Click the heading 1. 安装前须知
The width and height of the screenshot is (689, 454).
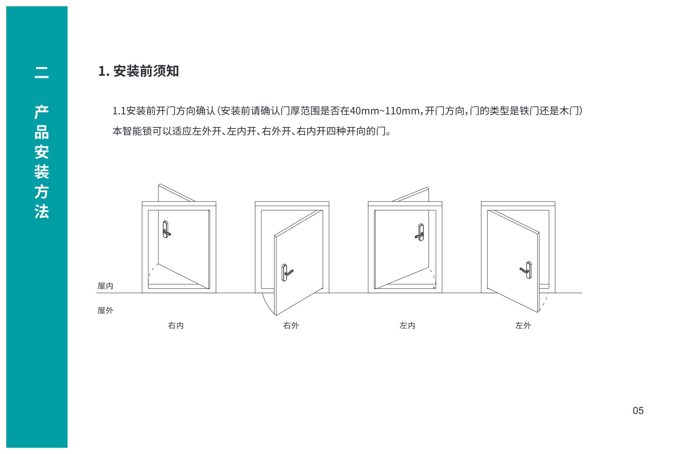click(x=139, y=71)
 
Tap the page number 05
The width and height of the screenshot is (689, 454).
click(x=638, y=411)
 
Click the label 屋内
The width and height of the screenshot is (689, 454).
click(x=105, y=286)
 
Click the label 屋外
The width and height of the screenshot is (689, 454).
click(x=105, y=310)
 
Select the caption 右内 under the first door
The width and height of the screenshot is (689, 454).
click(x=176, y=325)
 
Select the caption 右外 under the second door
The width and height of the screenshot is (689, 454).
click(x=291, y=325)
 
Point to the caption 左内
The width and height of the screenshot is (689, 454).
click(x=408, y=325)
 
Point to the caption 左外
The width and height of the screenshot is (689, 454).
click(x=523, y=325)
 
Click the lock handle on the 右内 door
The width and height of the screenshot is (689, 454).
click(x=166, y=229)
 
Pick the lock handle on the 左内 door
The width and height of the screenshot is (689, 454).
click(x=419, y=232)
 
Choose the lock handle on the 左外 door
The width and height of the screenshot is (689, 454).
click(x=527, y=270)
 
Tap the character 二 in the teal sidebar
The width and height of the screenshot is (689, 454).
click(x=42, y=72)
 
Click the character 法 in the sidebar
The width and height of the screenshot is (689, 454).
click(x=42, y=212)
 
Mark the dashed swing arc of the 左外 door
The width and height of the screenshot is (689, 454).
click(x=544, y=304)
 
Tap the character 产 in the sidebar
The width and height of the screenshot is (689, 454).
click(x=42, y=112)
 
